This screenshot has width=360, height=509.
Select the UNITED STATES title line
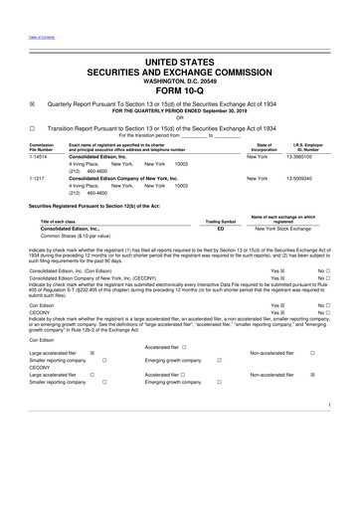point(180,62)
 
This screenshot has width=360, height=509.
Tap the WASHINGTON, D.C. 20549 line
point(180,84)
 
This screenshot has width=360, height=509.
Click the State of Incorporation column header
point(263,175)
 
